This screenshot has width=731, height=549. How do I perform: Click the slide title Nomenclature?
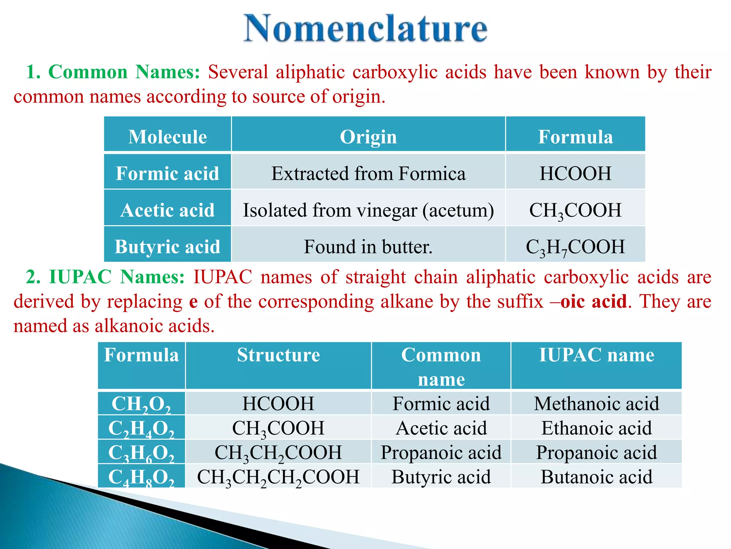[365, 29]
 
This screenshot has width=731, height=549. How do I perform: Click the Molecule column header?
[167, 137]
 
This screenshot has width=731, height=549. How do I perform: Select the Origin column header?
[368, 137]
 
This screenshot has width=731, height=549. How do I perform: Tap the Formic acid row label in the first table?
[167, 174]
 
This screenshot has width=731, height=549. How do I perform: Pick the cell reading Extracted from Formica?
[368, 174]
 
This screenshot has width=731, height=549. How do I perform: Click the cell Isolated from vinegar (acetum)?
[368, 210]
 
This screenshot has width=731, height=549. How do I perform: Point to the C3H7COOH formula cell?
[575, 247]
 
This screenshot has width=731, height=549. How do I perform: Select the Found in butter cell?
[368, 247]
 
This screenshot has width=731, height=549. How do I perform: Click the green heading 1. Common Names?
[113, 72]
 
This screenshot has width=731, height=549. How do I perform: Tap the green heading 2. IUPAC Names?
[105, 277]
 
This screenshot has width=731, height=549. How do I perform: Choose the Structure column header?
[278, 355]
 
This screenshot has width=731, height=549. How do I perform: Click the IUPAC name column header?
[596, 355]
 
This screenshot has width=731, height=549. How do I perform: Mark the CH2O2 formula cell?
[141, 404]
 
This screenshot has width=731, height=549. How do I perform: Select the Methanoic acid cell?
[596, 404]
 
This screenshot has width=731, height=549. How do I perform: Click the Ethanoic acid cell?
[596, 428]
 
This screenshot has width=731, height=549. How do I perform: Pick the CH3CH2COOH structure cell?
[278, 452]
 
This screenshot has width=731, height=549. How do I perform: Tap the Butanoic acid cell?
[596, 477]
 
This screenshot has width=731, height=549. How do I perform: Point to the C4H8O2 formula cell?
[141, 477]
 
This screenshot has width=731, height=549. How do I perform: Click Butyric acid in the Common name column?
[441, 477]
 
